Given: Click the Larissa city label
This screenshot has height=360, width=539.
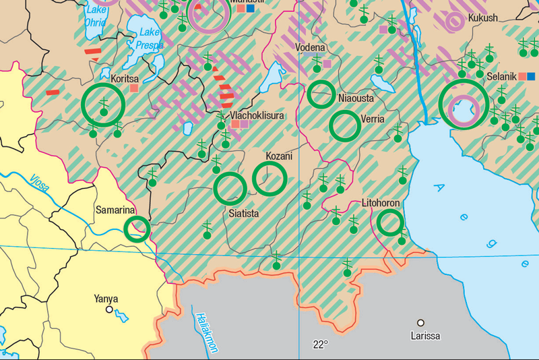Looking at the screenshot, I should [426, 335].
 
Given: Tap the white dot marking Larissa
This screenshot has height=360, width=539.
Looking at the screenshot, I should [421, 323].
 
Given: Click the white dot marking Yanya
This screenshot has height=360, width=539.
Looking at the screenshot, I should [109, 310].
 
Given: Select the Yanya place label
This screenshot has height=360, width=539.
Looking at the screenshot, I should [106, 299].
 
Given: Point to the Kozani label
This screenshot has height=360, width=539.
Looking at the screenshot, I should [279, 156].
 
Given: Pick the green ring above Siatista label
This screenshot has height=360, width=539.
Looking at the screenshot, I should [230, 188].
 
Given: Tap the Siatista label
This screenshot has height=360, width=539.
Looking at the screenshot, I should [244, 214].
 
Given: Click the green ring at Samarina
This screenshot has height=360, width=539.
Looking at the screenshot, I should [137, 229].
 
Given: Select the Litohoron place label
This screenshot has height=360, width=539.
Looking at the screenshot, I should [381, 202].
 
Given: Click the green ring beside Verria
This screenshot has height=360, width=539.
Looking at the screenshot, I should [345, 125].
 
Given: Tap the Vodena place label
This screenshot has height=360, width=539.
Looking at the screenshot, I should [311, 48].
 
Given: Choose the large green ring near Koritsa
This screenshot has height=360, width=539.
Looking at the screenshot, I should [103, 104].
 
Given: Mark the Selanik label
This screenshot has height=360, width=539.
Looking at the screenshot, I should [501, 76].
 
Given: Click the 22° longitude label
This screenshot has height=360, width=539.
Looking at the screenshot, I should [320, 344].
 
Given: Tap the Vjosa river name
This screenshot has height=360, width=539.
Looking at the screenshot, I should [38, 183].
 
